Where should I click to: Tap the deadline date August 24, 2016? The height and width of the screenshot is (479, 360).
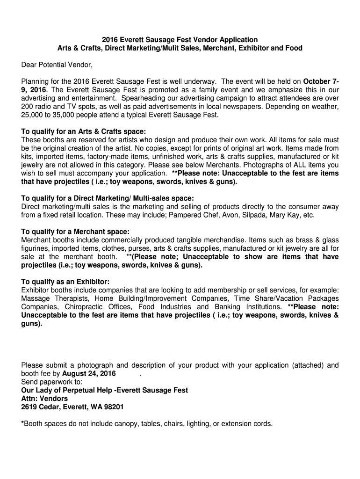tap(88, 373)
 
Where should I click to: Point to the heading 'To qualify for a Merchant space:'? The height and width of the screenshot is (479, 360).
tap(75, 232)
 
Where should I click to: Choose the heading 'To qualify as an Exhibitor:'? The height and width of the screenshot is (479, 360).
tap(65, 282)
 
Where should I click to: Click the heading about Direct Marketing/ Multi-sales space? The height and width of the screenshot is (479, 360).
tap(108, 198)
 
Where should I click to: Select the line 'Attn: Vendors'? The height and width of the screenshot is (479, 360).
tap(44, 399)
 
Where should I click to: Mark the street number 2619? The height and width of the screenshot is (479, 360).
tap(30, 407)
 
